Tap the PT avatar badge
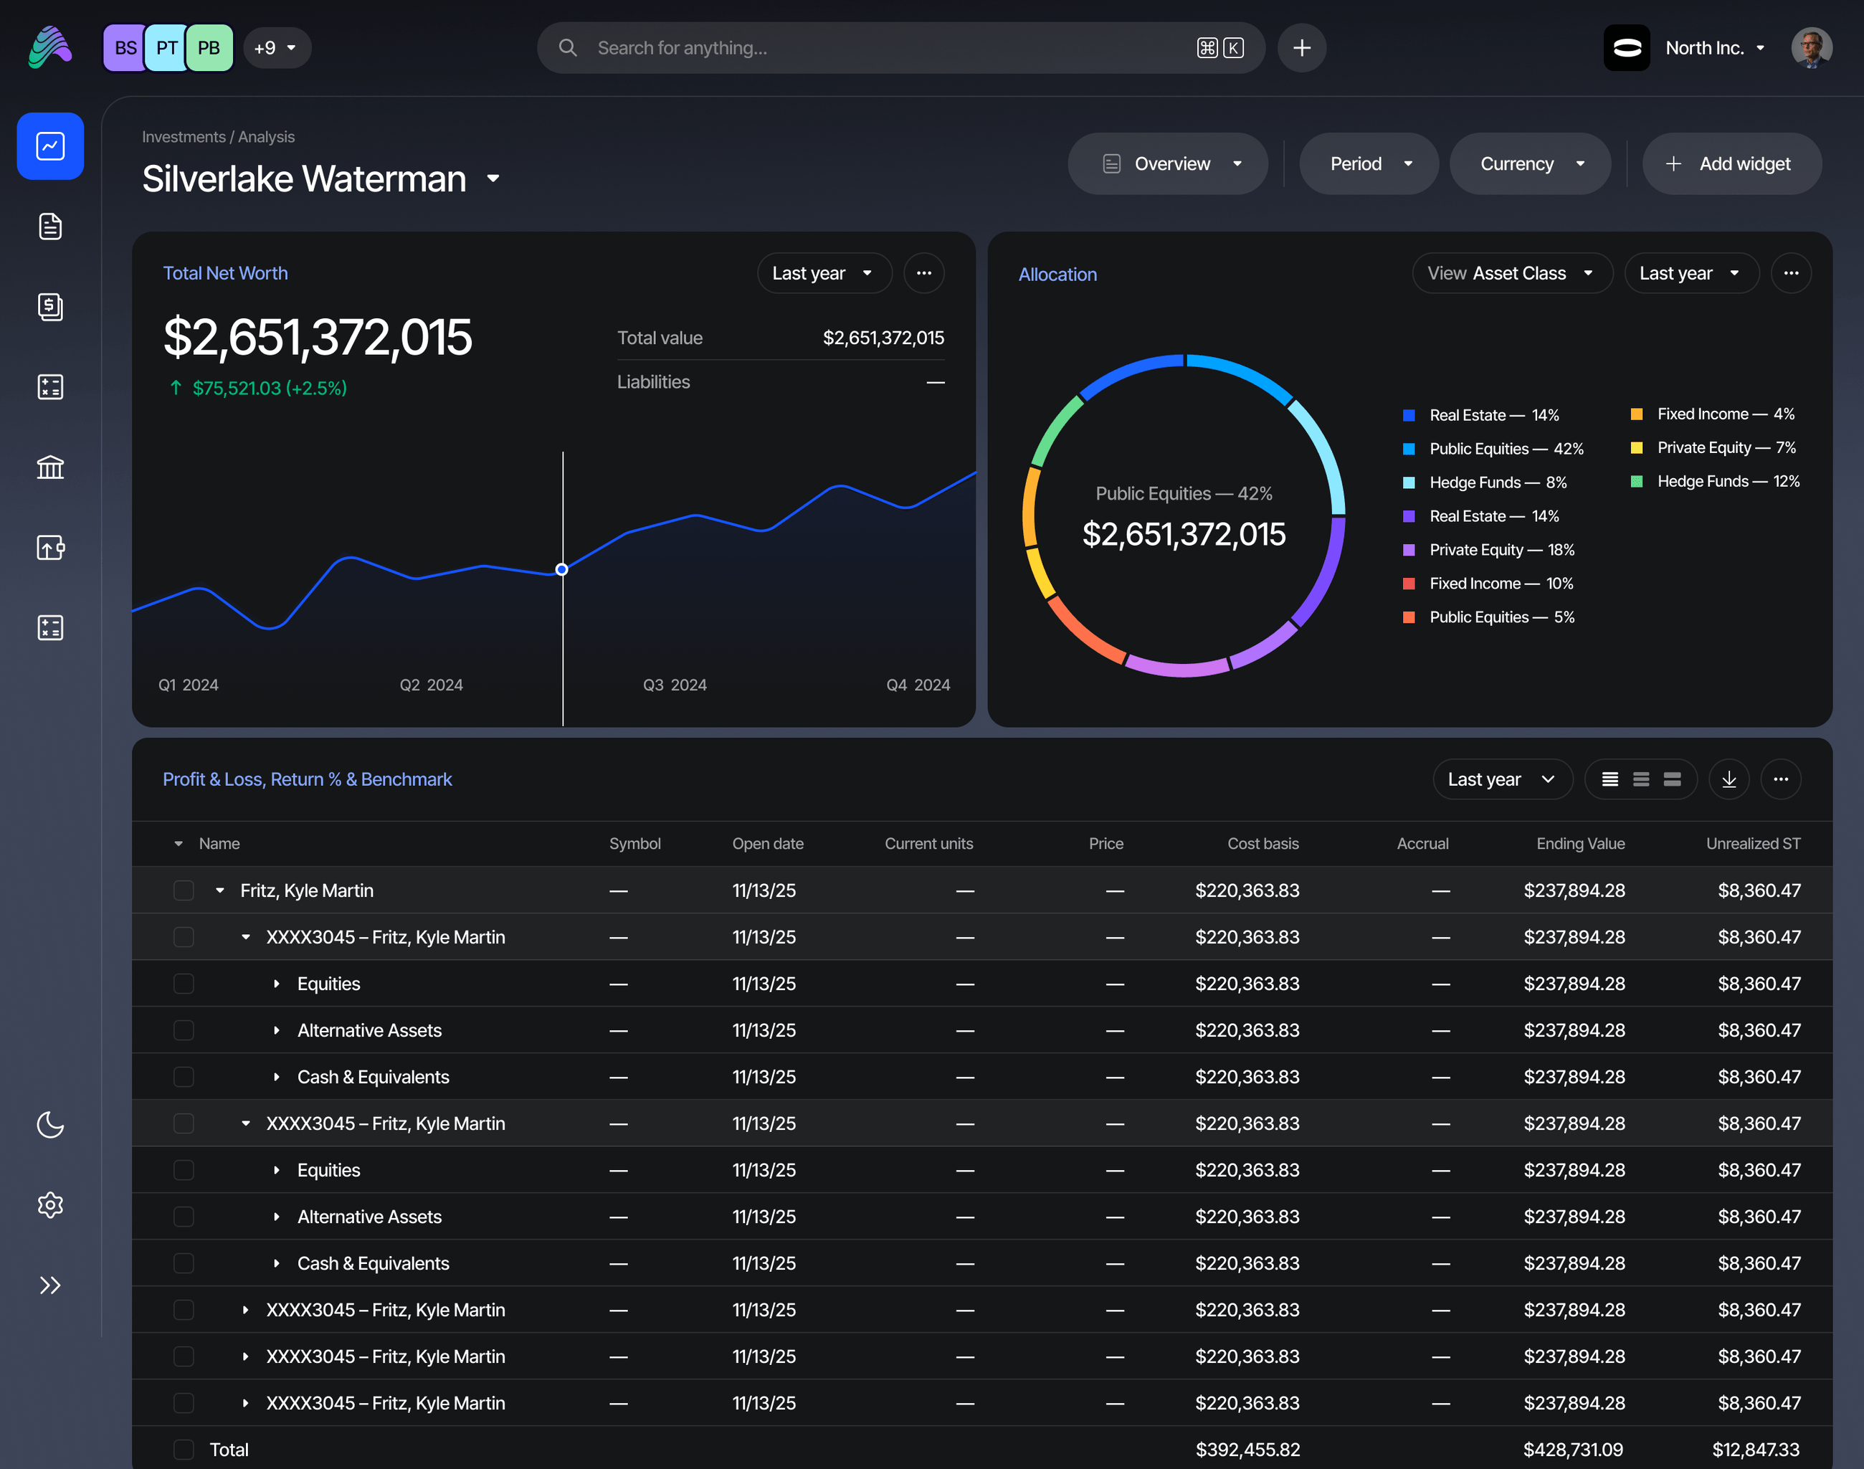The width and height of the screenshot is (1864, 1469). [x=167, y=48]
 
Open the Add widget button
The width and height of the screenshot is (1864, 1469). [x=1731, y=163]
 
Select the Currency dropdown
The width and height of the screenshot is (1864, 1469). [x=1529, y=163]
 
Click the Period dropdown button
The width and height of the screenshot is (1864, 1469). [x=1369, y=163]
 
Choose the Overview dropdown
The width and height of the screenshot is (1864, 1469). [x=1167, y=163]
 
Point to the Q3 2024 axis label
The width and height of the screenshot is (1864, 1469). [x=675, y=685]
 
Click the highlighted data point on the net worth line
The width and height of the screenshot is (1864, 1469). [x=561, y=569]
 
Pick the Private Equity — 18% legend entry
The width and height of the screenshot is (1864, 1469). [x=1489, y=550]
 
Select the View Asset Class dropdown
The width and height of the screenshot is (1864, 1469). [x=1512, y=273]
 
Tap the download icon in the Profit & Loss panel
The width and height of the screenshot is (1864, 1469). [x=1729, y=779]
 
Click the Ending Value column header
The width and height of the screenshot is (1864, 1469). [x=1580, y=844]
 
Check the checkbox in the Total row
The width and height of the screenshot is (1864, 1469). [x=184, y=1449]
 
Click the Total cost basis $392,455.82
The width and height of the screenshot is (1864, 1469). [x=1247, y=1449]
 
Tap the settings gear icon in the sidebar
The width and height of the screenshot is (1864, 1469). [x=51, y=1205]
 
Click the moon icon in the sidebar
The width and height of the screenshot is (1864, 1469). [x=51, y=1124]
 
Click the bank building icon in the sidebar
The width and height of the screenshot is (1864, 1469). [x=51, y=467]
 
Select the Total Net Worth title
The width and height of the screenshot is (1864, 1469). [x=225, y=273]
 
